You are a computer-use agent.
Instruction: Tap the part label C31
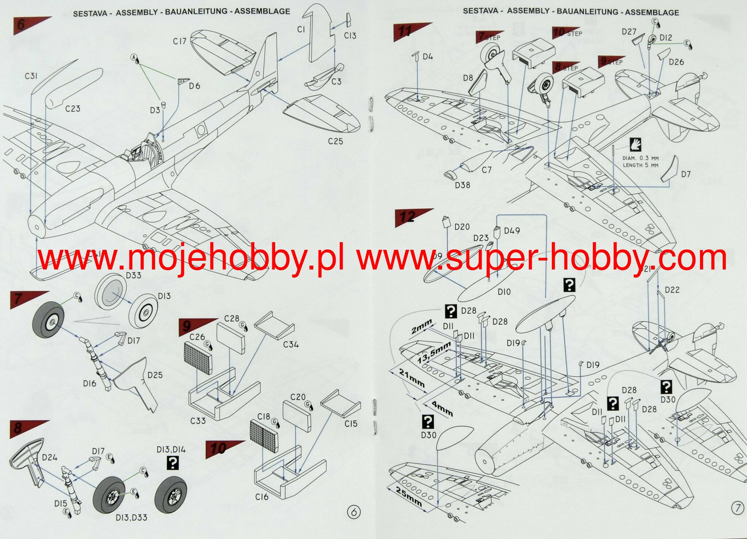31,76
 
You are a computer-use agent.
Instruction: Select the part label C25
335,141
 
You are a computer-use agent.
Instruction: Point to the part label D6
195,86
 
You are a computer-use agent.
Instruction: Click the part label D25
155,375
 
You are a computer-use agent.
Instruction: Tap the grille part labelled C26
198,358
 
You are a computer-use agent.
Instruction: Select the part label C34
290,344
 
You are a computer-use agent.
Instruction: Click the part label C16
262,497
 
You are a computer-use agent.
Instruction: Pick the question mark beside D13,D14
172,463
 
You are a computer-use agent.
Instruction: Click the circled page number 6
353,512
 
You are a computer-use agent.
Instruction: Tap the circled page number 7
738,508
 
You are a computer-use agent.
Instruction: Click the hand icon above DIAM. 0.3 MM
635,145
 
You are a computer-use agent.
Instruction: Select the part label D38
462,185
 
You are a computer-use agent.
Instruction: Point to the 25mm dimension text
408,497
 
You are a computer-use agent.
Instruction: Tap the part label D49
512,231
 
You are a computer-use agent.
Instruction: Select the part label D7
686,174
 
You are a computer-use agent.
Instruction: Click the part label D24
49,457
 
